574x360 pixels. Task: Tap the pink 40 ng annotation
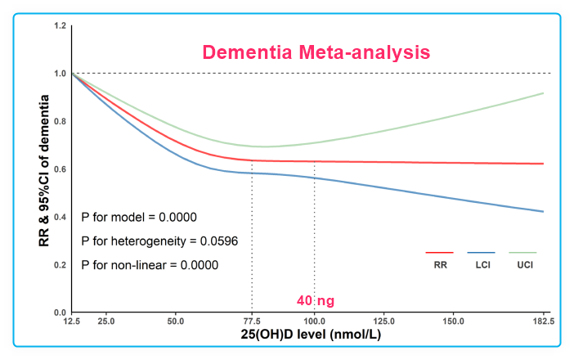315,301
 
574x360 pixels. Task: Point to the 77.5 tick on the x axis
252,321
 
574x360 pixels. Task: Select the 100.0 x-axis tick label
315,321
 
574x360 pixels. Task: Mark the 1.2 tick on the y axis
60,26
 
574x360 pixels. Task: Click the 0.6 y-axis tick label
60,169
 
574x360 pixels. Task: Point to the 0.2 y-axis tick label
60,265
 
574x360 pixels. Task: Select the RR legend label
440,265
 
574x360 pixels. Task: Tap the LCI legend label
481,265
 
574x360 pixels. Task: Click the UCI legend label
522,265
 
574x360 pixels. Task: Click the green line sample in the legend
522,253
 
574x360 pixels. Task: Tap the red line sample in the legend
440,253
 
